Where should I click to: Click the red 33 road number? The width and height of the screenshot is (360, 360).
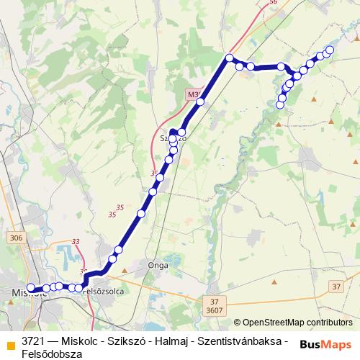pos(76,242)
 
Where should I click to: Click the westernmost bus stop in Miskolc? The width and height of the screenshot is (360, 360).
pos(30,289)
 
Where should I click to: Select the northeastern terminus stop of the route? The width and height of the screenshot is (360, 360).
pos(330,50)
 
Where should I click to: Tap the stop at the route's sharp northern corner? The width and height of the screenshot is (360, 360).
pos(230,58)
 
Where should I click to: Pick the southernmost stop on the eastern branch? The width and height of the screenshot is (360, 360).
pos(281,104)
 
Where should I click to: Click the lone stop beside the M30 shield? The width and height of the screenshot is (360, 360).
pos(200,102)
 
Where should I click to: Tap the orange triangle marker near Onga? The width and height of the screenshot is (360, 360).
pos(125,271)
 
